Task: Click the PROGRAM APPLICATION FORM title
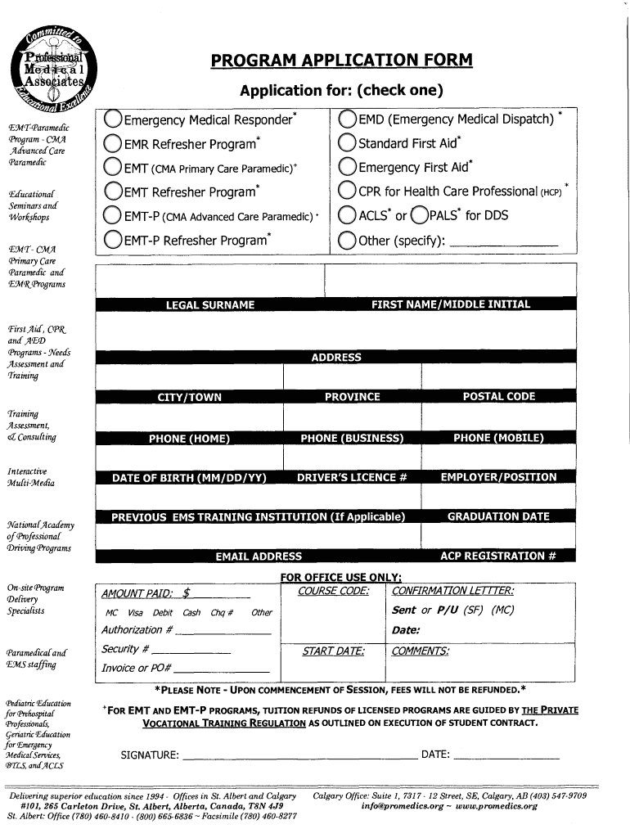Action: pyautogui.click(x=341, y=61)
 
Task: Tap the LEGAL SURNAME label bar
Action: pyautogui.click(x=210, y=304)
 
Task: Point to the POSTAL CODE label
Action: pyautogui.click(x=498, y=397)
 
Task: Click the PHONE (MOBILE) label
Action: pyautogui.click(x=498, y=438)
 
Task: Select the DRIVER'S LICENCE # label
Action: pyautogui.click(x=352, y=477)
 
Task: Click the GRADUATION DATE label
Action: pyautogui.click(x=498, y=516)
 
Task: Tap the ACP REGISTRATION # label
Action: pyautogui.click(x=498, y=556)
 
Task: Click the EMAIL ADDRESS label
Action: pyautogui.click(x=259, y=556)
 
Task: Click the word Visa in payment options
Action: pyautogui.click(x=135, y=612)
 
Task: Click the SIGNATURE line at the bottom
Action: pyautogui.click(x=299, y=755)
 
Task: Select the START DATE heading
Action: pyautogui.click(x=333, y=651)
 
